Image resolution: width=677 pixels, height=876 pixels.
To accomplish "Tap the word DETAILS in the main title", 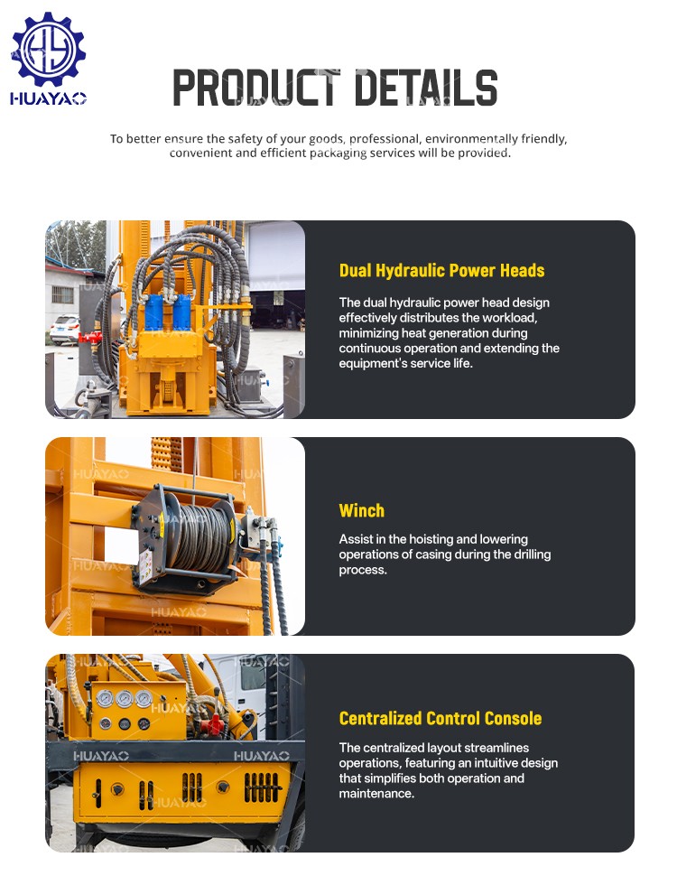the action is point(426,88).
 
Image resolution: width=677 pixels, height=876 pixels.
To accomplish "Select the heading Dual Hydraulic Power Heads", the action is point(441,271).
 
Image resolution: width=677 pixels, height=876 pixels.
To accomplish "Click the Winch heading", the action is point(361,510).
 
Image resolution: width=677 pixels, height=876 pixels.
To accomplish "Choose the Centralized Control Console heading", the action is point(441,719).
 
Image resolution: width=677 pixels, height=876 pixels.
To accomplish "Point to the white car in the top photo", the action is point(65,329).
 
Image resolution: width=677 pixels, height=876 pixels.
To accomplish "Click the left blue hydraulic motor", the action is point(153,312).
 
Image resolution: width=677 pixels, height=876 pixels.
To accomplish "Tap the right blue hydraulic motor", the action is point(181,312).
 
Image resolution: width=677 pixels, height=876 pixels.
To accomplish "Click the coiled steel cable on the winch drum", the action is point(199,537).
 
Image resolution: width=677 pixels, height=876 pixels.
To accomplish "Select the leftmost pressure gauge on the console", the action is point(105,698).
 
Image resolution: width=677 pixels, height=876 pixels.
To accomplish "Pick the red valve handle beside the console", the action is point(212,726).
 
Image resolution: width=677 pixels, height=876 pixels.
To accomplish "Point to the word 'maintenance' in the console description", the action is point(376,794).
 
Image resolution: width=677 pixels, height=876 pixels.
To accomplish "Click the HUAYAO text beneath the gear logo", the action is point(48,98).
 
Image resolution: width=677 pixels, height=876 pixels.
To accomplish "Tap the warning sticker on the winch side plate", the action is point(146,566).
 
